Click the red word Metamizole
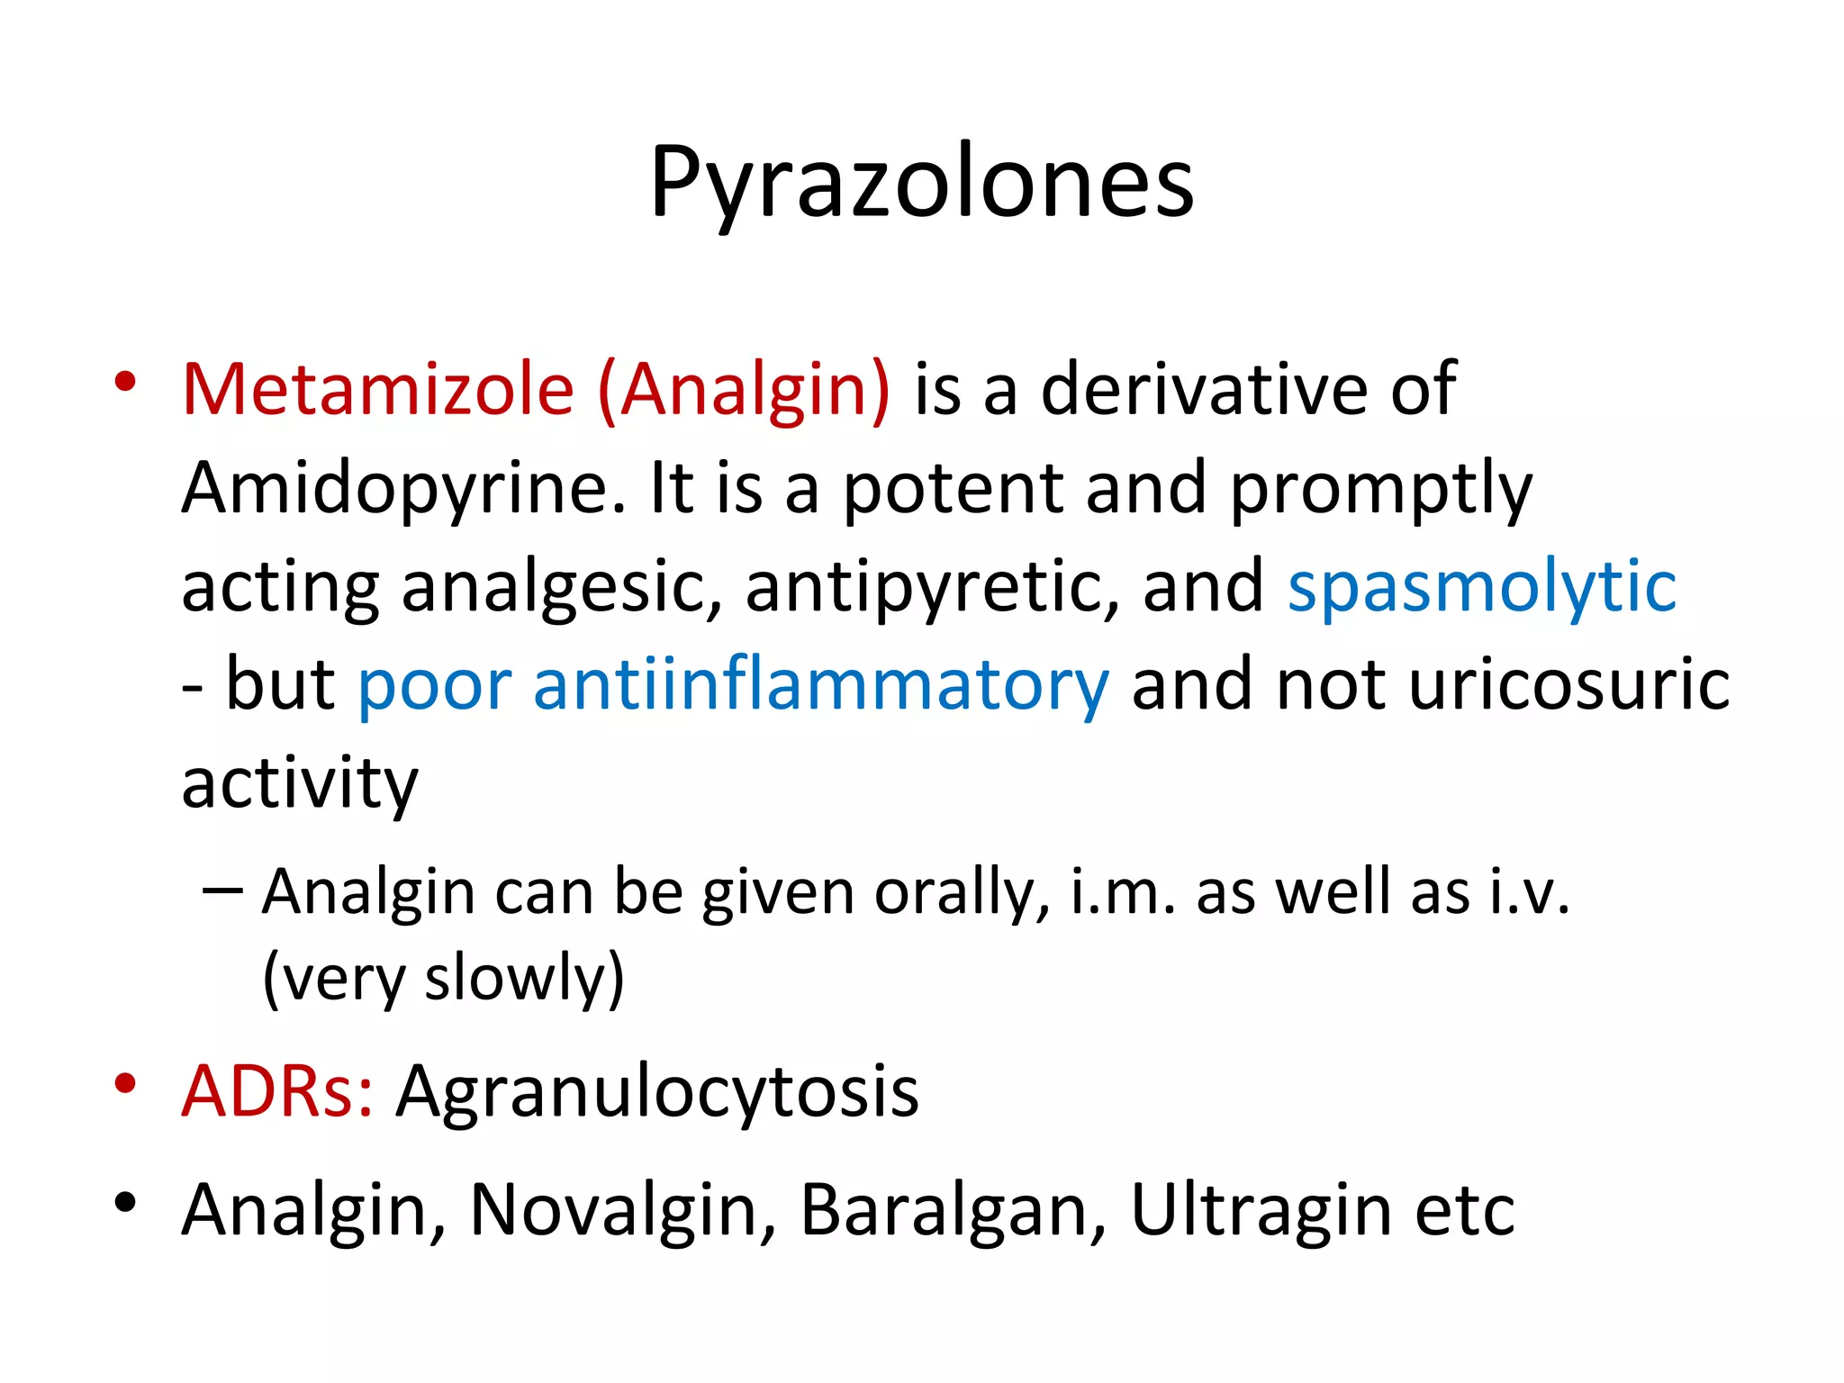378,390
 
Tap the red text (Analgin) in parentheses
744,390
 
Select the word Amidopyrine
402,489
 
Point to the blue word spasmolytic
1481,587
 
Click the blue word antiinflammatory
820,685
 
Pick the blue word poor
435,685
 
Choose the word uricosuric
1568,685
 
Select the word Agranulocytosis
657,1092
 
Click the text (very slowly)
443,979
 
